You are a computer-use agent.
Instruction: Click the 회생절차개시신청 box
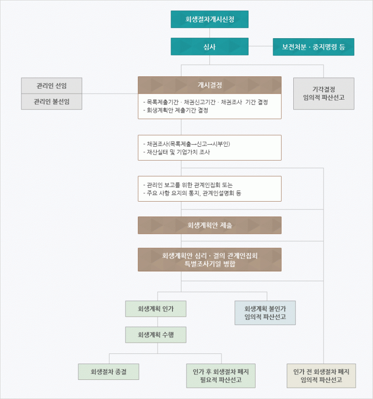tap(209, 19)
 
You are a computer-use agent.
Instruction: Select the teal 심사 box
tap(209, 47)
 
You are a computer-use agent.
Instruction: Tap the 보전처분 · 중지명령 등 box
tap(313, 47)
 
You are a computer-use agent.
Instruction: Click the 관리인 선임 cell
tap(51, 86)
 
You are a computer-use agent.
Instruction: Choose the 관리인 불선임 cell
tap(51, 102)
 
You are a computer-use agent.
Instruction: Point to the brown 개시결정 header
tap(210, 85)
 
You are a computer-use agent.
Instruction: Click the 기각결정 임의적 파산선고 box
tap(324, 94)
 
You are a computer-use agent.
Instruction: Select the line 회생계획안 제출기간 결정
tap(176, 110)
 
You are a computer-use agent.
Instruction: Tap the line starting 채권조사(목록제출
tap(187, 144)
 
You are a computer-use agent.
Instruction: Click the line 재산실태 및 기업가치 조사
tap(177, 152)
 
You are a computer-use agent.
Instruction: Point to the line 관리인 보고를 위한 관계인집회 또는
tap(188, 185)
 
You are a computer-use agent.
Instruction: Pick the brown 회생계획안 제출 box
tap(210, 225)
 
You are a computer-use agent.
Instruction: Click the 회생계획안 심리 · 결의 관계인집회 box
tap(210, 259)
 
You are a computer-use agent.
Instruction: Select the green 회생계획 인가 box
tap(156, 309)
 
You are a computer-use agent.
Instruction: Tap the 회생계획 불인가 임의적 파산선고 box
tap(265, 313)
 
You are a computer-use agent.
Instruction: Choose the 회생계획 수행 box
tap(156, 335)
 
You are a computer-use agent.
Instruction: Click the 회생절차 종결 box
tap(109, 372)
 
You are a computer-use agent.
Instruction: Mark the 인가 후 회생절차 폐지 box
tap(221, 376)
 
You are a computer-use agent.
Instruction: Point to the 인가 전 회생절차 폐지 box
tap(321, 376)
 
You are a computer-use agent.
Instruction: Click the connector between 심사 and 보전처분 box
tap(261, 46)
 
